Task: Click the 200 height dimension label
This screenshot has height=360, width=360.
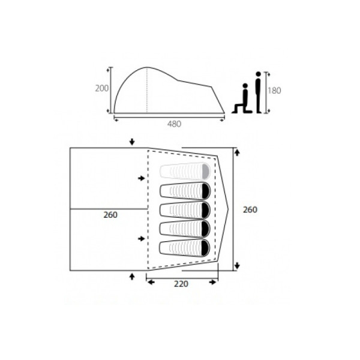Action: click(x=102, y=88)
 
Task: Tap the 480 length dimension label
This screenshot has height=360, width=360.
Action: click(x=174, y=124)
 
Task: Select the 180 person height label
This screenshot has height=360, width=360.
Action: click(x=274, y=91)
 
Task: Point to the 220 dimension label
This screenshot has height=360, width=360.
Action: click(x=181, y=284)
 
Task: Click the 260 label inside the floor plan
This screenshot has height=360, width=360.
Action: click(x=110, y=215)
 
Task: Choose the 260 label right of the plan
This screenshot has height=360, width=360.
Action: click(x=250, y=209)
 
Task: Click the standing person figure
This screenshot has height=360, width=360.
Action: click(x=258, y=92)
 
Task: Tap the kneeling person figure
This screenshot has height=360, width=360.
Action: click(x=242, y=98)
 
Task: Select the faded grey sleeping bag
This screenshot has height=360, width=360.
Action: click(x=185, y=171)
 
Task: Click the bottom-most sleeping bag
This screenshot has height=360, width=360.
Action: click(x=185, y=248)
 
